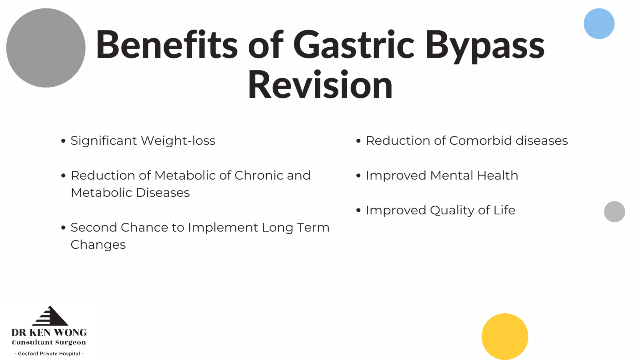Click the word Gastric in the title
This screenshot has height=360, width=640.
pos(354,44)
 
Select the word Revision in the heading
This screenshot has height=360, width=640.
pos(320,84)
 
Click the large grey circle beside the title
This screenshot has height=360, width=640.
pos(46,48)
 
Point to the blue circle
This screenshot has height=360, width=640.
pos(599,24)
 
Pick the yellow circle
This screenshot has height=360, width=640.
pos(505,336)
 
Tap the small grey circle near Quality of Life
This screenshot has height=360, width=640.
pos(614,212)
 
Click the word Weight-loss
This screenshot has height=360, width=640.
pos(178,140)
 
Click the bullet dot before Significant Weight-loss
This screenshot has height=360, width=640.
pos(64,141)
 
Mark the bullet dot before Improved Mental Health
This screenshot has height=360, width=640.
pos(358,176)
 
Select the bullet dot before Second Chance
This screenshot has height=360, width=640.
pos(64,228)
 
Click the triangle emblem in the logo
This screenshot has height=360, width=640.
pos(50,316)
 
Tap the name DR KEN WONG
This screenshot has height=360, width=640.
pos(49,332)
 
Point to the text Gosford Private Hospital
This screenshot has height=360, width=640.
pos(49,354)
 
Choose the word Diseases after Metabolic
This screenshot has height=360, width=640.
pos(162,193)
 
